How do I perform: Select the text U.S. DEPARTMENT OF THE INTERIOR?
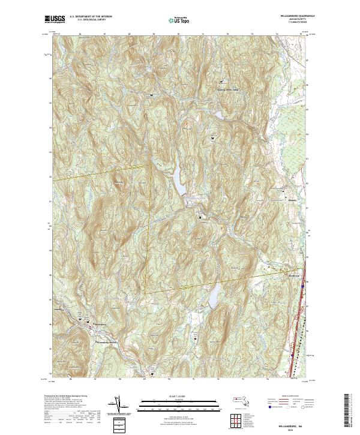tap(91, 17)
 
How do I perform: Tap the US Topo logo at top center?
tap(179, 19)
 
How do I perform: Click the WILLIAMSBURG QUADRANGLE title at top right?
tap(290, 16)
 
